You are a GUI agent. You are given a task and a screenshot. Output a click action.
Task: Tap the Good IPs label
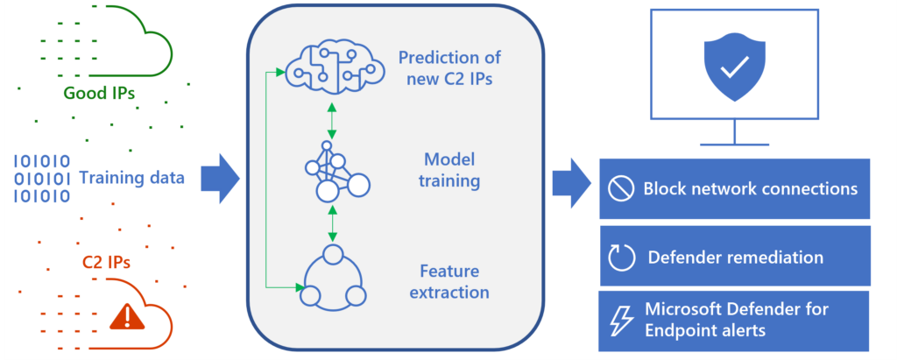coord(99,93)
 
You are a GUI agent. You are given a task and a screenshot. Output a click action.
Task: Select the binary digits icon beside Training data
coord(41,179)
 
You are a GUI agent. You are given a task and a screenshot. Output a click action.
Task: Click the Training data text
coord(131,179)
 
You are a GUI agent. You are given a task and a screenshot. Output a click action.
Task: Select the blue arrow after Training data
coord(220,179)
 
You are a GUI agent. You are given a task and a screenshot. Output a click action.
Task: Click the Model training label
coord(450,171)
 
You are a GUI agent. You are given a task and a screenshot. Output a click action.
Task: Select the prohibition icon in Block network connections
coord(620,188)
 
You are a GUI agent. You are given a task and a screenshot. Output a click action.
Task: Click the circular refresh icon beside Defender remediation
coord(621,258)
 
